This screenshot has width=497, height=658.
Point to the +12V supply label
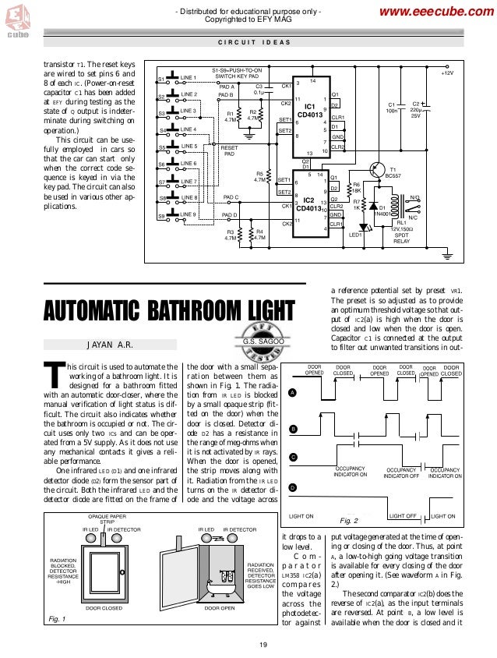446,73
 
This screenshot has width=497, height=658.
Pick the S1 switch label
161,80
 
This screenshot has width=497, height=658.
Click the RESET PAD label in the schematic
230,150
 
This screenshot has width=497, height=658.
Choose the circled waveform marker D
291,487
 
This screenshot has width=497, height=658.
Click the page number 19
263,643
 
